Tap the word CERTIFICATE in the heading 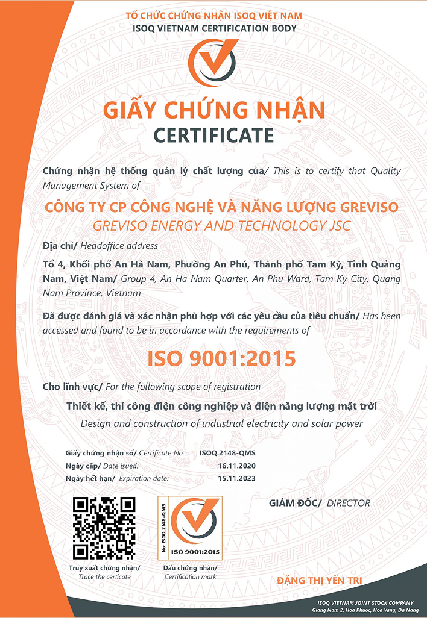[x=213, y=135]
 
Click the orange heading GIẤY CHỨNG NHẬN [x=213, y=110]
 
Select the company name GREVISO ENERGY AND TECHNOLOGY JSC [x=221, y=226]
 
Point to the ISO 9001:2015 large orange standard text [x=221, y=359]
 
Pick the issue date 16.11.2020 [x=236, y=466]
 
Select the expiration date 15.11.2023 [x=236, y=479]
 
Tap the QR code [x=104, y=528]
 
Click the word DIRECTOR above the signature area [x=349, y=503]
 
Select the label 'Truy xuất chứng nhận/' [x=104, y=568]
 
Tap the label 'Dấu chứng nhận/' [x=190, y=568]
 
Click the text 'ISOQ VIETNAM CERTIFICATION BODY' [x=214, y=28]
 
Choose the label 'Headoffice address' [x=127, y=245]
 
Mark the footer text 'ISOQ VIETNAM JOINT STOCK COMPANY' [x=365, y=603]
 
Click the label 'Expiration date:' [x=144, y=479]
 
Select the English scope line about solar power [x=221, y=423]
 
